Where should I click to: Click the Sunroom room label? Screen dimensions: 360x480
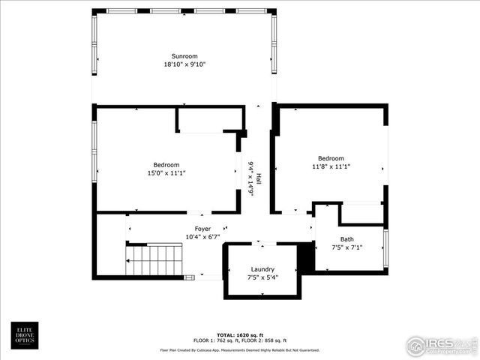183,56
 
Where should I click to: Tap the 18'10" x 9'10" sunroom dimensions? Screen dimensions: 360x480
183,64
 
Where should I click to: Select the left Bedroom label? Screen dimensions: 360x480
166,165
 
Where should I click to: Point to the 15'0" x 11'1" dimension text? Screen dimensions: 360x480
166,173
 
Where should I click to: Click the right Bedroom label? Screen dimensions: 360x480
330,158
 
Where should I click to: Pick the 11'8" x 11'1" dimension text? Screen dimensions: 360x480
330,166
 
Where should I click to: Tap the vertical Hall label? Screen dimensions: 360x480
259,180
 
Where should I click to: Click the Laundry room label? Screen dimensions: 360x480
262,269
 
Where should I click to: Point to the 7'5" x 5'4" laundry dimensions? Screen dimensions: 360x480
262,277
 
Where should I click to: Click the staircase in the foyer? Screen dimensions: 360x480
153,261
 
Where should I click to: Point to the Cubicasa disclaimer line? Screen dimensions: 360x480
240,350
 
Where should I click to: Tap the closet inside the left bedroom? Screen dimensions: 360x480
210,119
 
